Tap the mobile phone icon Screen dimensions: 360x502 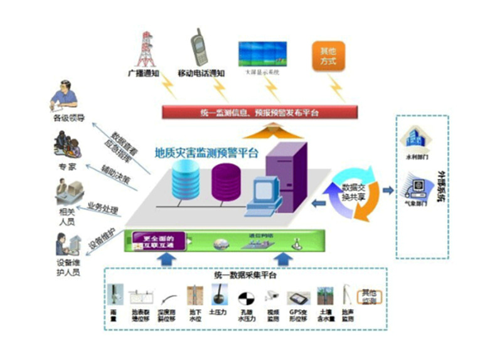pos(200,46)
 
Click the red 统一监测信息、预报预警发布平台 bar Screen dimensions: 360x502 pos(260,113)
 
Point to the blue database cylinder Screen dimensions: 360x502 pos(184,178)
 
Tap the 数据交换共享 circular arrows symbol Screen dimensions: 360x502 pos(352,193)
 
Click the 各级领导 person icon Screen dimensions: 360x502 pos(64,96)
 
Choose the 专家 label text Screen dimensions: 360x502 pos(67,167)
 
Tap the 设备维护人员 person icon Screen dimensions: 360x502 pos(65,246)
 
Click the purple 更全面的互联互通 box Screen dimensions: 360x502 pos(155,241)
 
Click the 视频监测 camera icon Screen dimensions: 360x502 pos(272,295)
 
